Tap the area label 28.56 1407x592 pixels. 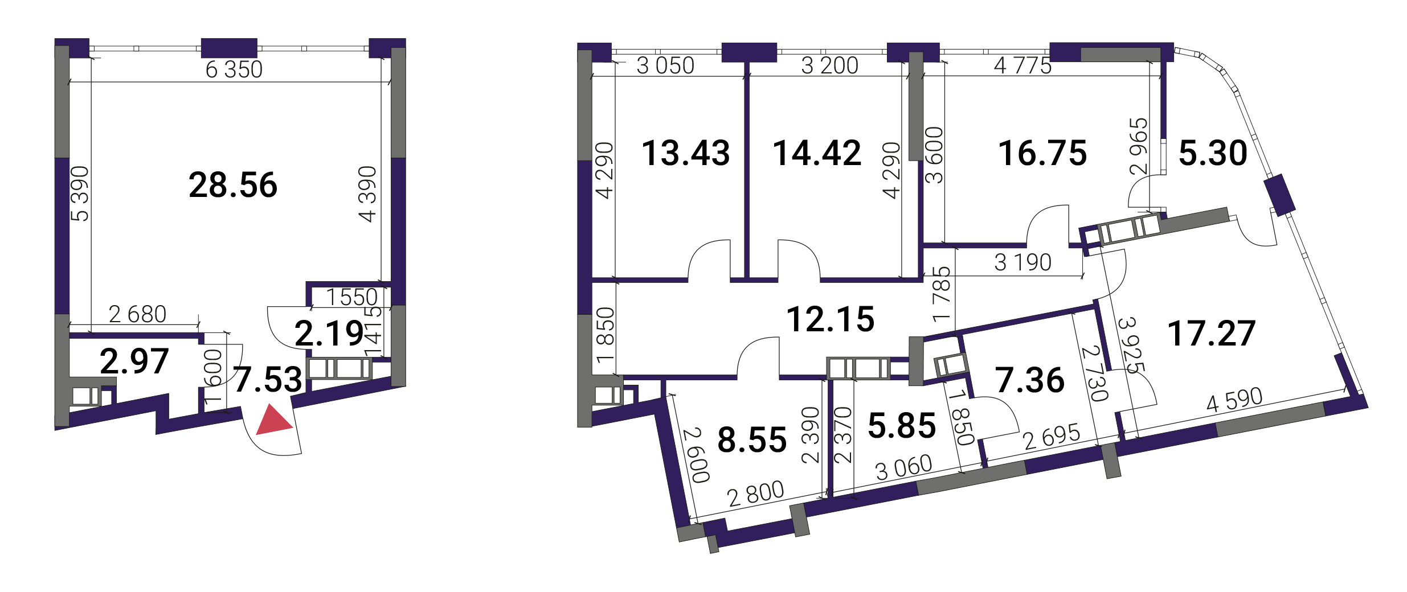tap(233, 185)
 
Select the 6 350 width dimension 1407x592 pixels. tap(234, 69)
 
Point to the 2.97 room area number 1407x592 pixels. tap(134, 361)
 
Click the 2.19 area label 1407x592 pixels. tap(329, 334)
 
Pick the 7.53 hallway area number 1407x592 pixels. tap(268, 380)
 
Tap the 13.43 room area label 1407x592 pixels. tap(686, 153)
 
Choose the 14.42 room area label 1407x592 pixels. tap(817, 153)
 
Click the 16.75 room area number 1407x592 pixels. tap(1042, 153)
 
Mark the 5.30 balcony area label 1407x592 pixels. tap(1213, 153)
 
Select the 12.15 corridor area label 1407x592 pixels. tap(831, 319)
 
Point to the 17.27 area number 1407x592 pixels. tap(1212, 334)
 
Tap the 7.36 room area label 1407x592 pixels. tap(1030, 380)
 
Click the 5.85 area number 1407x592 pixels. tap(902, 426)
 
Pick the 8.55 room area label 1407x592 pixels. tap(752, 440)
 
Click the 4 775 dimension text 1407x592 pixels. tap(1022, 66)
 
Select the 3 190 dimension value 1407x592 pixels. tap(1023, 262)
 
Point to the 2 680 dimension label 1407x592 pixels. tap(137, 314)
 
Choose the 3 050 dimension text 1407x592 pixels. tap(665, 66)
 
